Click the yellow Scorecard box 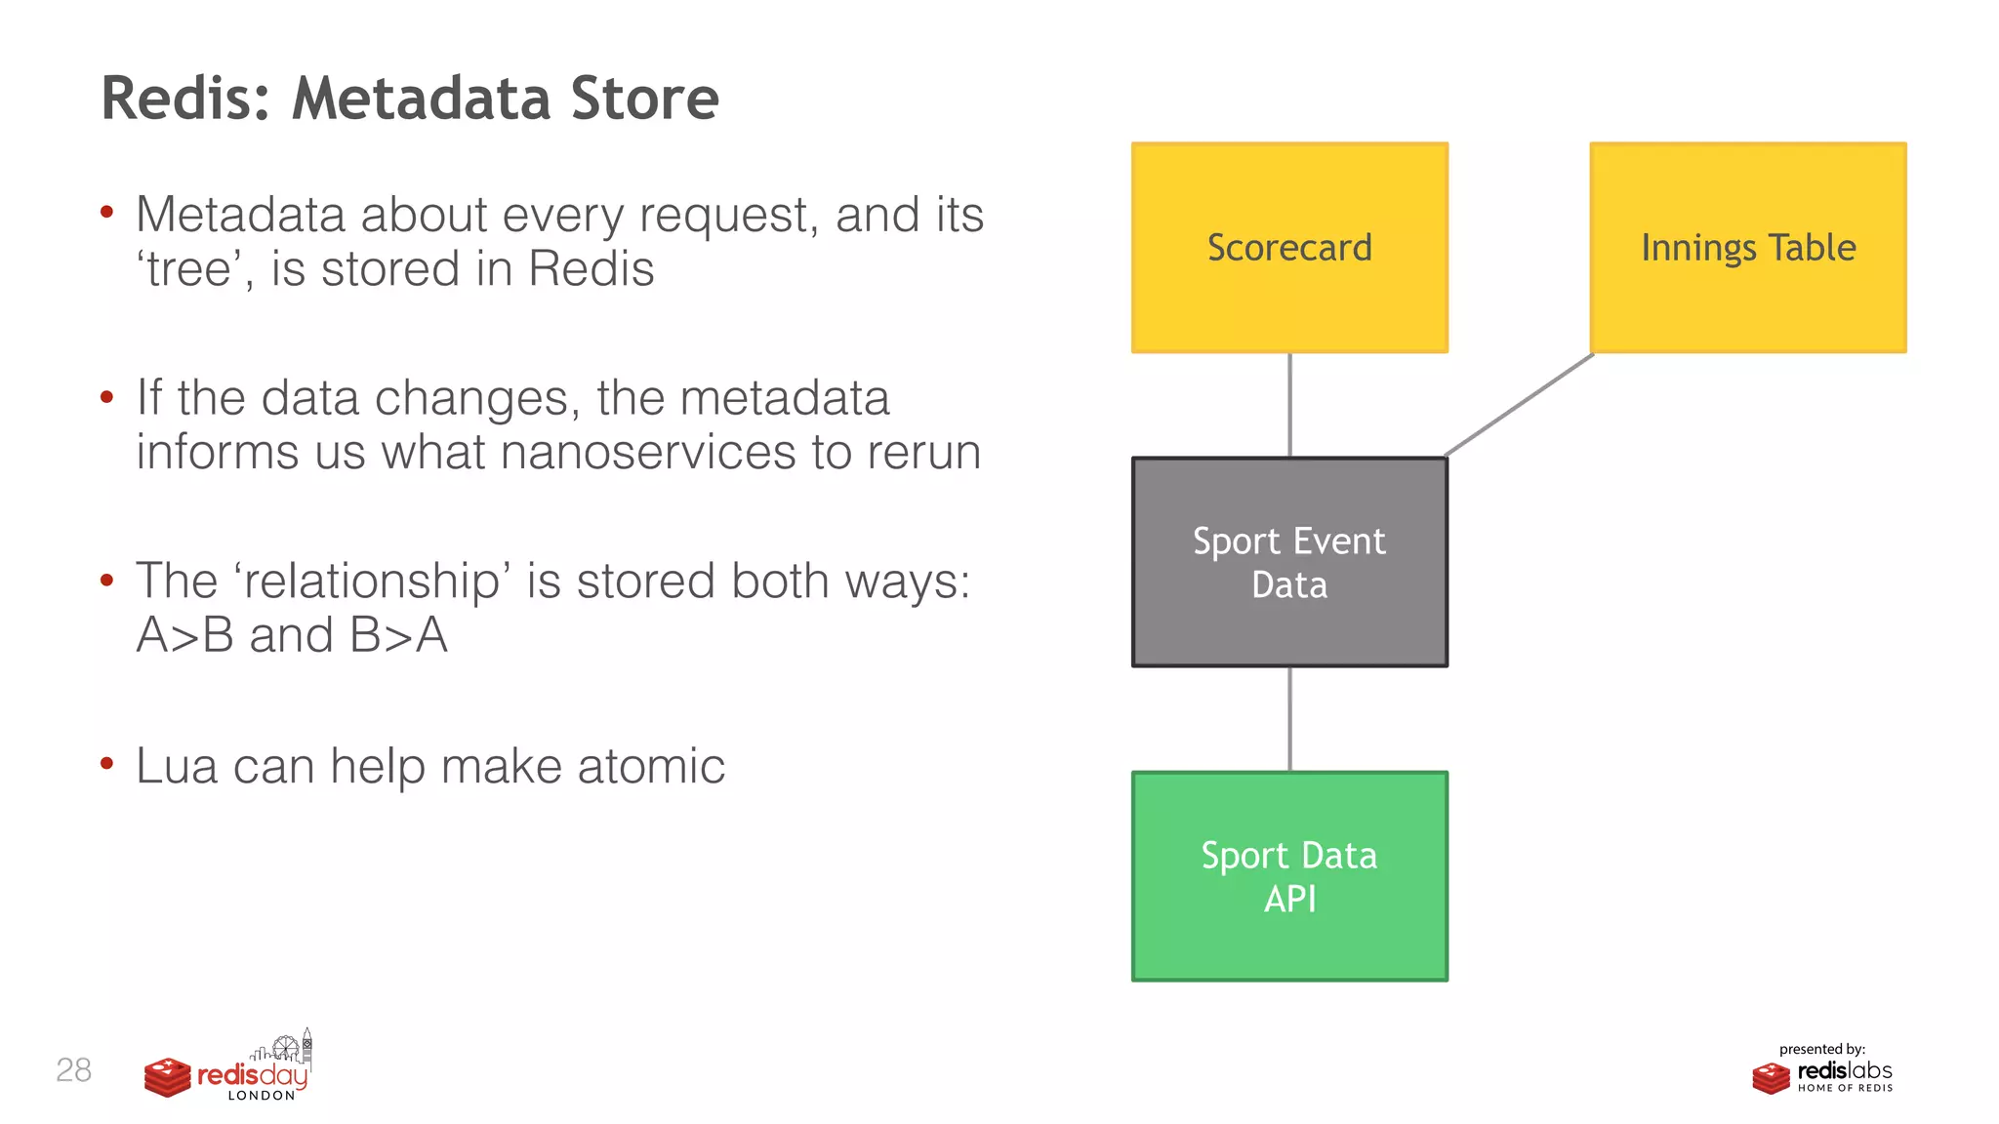click(1289, 248)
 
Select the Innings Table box click(1747, 248)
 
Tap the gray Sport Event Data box click(1289, 562)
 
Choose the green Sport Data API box click(1289, 876)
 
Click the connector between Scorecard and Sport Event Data click(1289, 405)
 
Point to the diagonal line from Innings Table click(1519, 405)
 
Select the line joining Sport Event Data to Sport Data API click(1289, 719)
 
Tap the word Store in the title click(644, 99)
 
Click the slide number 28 click(73, 1070)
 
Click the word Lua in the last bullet click(177, 766)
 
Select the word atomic click(651, 766)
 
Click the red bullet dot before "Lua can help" click(107, 763)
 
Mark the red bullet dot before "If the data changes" click(107, 396)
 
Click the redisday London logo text click(252, 1077)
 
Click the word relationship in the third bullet click(371, 582)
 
